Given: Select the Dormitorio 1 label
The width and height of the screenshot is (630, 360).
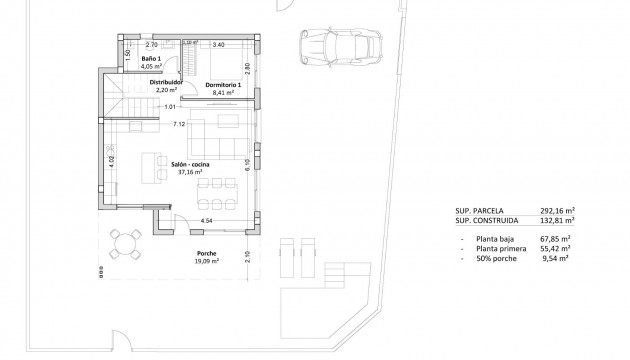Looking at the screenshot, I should (225, 85).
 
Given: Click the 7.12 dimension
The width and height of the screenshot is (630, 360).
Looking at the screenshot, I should (178, 125).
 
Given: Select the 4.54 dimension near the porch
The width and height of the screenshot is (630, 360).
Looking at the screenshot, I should (206, 219).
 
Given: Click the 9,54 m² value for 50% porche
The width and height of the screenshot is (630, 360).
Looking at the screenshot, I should (555, 258).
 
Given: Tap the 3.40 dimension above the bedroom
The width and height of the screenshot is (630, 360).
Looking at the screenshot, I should (219, 45).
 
